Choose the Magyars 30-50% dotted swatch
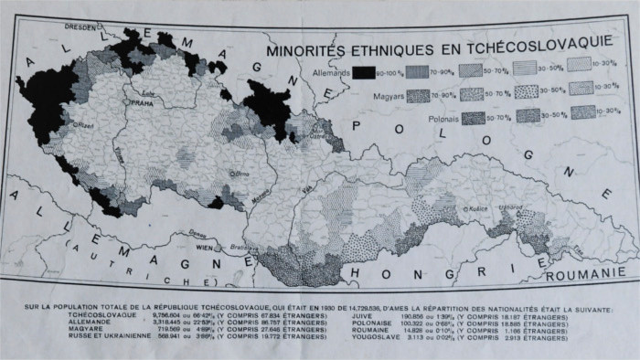coord(528,93)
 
